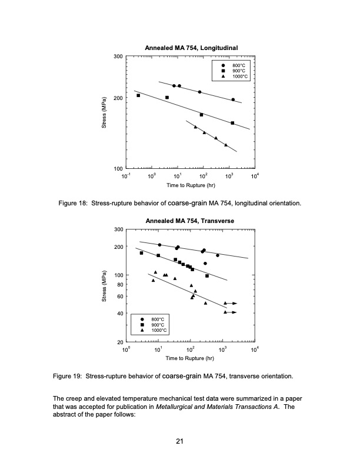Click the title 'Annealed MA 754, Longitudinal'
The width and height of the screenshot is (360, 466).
186,47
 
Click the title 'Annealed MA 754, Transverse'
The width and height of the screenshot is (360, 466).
186,220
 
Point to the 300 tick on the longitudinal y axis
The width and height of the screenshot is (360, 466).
118,56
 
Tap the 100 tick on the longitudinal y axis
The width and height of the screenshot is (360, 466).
118,169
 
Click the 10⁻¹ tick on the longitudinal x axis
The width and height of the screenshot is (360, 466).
125,177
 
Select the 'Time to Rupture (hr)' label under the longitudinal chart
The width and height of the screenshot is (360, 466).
190,186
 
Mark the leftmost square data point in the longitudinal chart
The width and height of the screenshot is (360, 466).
138,95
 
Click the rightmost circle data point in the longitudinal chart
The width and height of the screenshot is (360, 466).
233,99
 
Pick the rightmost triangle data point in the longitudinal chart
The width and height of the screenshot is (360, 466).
226,145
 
